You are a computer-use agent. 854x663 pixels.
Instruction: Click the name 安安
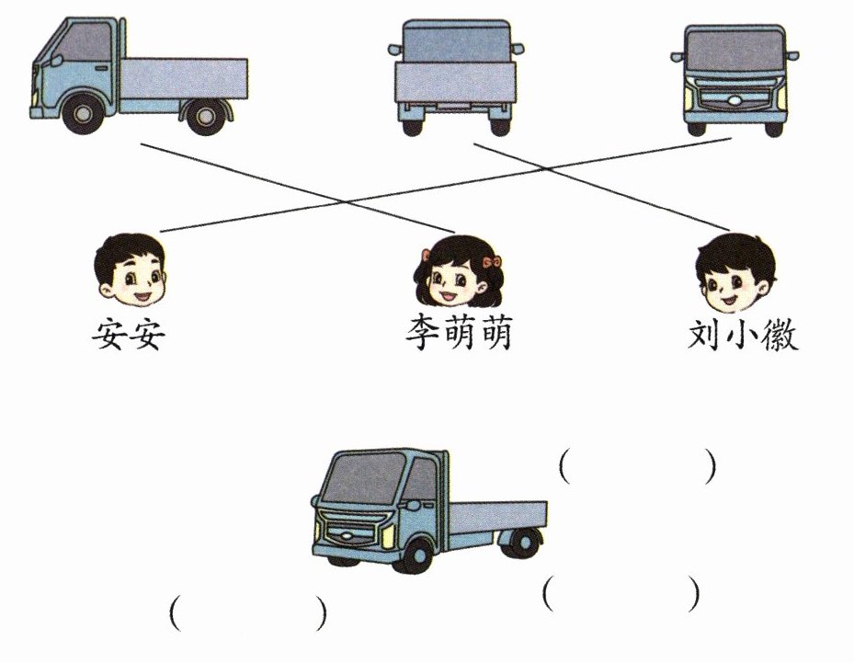click(x=129, y=334)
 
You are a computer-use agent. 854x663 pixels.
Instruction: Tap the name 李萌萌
click(x=459, y=334)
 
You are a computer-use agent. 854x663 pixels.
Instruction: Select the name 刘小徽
click(x=743, y=334)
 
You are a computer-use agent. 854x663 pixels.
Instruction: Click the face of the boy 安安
click(x=131, y=269)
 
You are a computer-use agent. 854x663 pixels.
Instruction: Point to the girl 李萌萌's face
click(x=457, y=272)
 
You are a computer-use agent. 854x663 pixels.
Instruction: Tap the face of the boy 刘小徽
click(x=735, y=272)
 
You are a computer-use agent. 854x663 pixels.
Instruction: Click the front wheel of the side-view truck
click(x=83, y=114)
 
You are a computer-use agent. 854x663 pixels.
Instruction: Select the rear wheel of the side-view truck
click(x=206, y=116)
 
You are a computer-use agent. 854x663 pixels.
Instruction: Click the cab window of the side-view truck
click(x=83, y=42)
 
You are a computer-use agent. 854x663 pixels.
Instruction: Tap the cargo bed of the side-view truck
click(x=184, y=78)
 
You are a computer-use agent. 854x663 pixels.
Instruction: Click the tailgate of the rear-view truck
click(x=455, y=82)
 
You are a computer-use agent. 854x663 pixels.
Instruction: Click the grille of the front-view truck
click(x=734, y=98)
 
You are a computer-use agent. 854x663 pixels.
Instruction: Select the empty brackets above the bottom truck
click(x=637, y=466)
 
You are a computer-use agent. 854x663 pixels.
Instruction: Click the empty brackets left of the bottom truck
click(x=248, y=613)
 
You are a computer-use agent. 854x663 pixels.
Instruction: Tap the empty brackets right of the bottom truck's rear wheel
click(x=621, y=593)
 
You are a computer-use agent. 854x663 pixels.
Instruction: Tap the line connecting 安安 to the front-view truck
click(x=445, y=185)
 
